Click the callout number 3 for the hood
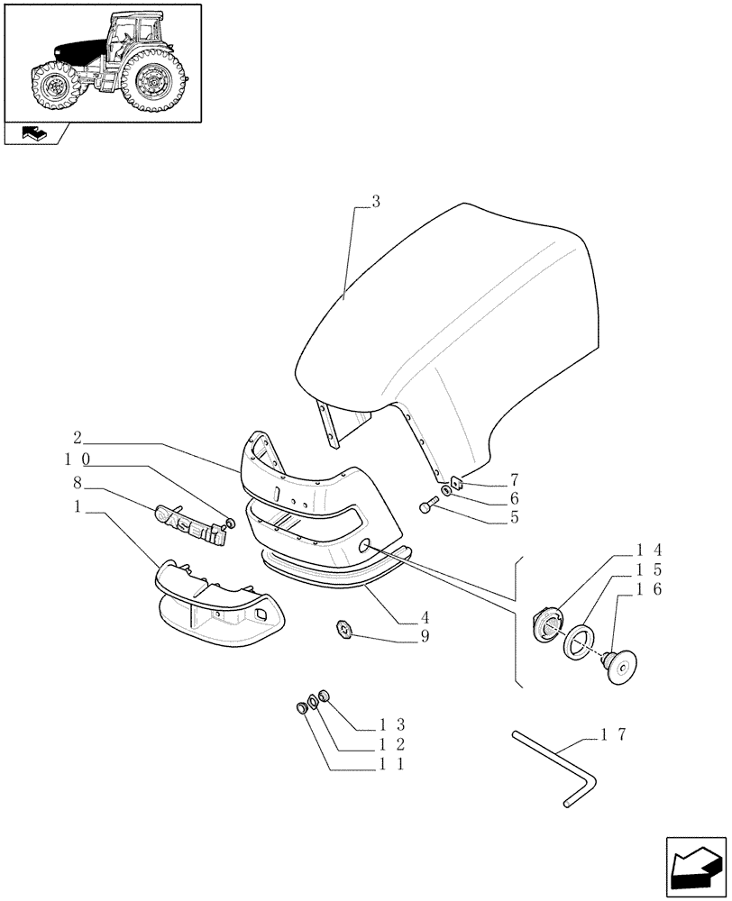coord(376,202)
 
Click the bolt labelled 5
coord(427,508)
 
